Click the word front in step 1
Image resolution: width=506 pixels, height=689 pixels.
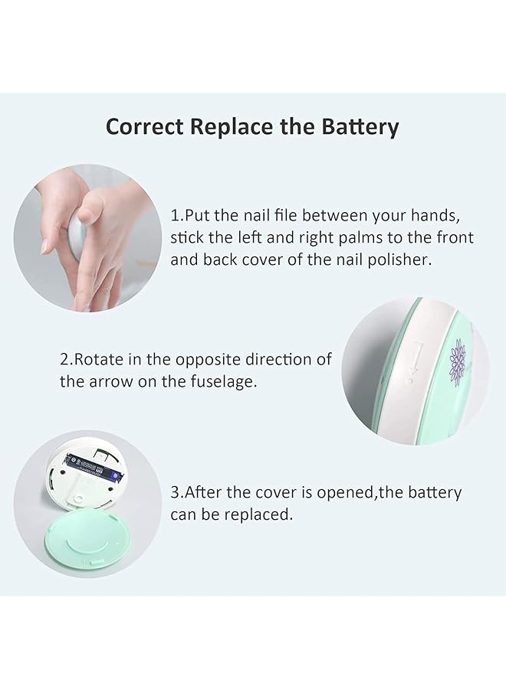457,238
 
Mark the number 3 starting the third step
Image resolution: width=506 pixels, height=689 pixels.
175,492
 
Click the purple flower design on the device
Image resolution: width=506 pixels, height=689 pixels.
457,364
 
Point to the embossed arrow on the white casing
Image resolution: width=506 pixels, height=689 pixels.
413,360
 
